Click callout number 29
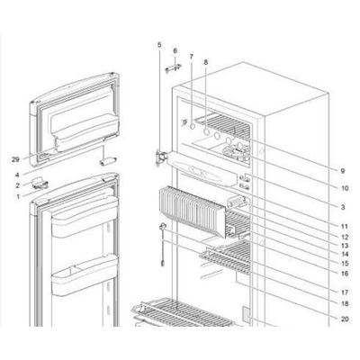[15, 159]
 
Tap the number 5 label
[159, 45]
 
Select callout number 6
[175, 50]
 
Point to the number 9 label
[342, 171]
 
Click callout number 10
[345, 188]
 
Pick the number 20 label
[345, 319]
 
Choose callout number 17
[345, 292]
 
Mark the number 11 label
[345, 227]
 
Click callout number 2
[17, 185]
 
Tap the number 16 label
[345, 274]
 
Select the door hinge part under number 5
[160, 157]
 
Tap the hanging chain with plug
[163, 245]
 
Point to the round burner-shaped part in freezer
[237, 152]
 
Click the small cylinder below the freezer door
[107, 161]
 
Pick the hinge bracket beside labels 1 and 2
[40, 183]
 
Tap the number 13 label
[345, 246]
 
